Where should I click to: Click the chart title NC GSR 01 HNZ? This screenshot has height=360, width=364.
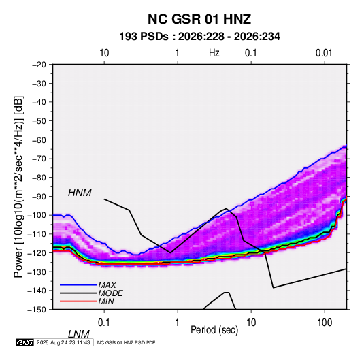click(x=199, y=19)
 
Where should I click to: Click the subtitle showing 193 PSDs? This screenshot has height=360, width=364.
click(x=199, y=37)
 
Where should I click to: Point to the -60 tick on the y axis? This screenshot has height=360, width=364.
click(x=39, y=140)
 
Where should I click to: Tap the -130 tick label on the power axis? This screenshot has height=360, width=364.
click(x=37, y=272)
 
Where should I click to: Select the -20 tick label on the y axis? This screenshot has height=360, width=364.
click(x=39, y=65)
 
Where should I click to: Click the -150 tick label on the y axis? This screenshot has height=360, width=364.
click(x=37, y=310)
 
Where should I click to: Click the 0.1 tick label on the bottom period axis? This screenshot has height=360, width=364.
click(x=104, y=323)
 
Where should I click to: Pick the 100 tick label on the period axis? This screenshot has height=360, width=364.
click(x=325, y=323)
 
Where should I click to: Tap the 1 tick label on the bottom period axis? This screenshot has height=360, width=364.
click(x=178, y=323)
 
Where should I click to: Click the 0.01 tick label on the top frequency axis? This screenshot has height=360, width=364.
click(x=324, y=53)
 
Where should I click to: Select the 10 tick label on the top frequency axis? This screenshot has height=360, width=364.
click(x=104, y=53)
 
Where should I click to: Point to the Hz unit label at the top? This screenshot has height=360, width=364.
click(x=214, y=53)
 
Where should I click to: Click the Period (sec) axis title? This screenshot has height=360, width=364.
click(x=214, y=330)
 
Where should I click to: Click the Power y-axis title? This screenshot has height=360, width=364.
click(x=18, y=187)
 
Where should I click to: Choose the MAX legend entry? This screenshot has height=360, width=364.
click(x=107, y=285)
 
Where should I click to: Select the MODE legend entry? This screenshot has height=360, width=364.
click(x=110, y=293)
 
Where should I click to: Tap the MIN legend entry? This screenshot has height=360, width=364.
click(x=106, y=301)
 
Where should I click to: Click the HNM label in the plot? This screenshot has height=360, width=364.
click(x=80, y=193)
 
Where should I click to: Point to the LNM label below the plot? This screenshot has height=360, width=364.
click(x=78, y=334)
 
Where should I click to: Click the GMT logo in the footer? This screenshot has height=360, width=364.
click(x=25, y=342)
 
